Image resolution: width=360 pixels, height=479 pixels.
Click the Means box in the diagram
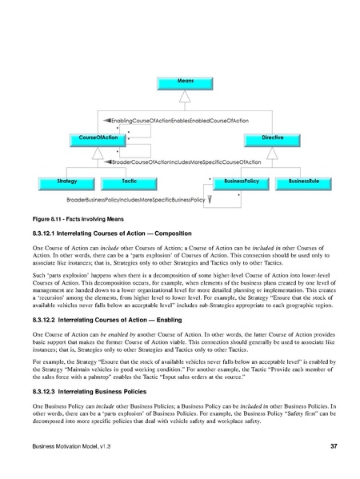pos(185,82)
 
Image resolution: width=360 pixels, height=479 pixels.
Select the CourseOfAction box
pos(94,139)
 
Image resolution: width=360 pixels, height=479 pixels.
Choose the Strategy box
pos(68,182)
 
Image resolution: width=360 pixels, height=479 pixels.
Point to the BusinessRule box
pos(303,182)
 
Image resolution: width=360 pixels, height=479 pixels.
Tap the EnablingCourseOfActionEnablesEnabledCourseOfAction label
pos(185,119)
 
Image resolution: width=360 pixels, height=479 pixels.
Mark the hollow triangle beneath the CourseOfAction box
pos(94,152)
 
